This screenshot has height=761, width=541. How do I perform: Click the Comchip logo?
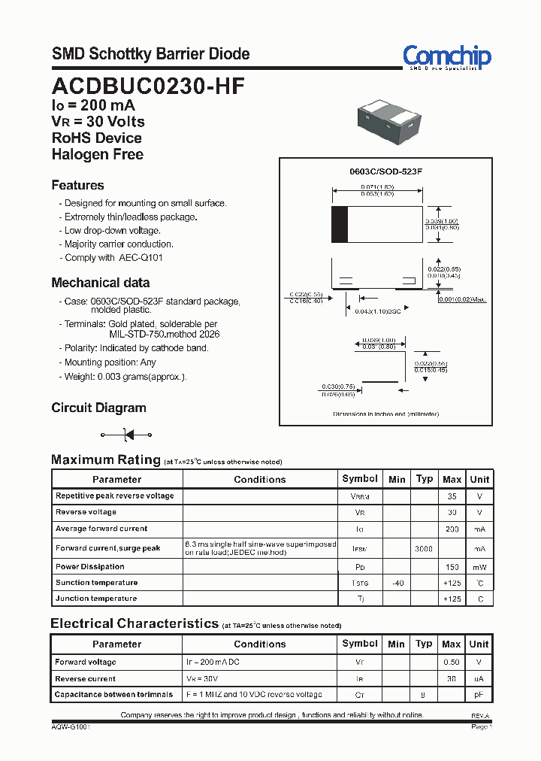coord(446,56)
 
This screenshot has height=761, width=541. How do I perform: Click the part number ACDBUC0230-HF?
coord(148,85)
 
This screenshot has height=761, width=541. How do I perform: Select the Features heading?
coord(77,185)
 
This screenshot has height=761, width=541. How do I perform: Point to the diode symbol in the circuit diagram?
coord(127,435)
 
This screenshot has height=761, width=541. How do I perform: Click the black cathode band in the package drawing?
coord(340,224)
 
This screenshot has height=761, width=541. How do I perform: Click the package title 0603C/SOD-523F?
coord(386,171)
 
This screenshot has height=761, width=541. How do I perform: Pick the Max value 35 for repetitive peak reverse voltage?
coord(452,496)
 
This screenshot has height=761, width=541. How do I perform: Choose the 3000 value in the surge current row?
coord(425,549)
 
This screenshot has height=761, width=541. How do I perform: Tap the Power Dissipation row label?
coord(90,566)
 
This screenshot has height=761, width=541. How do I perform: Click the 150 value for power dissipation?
coord(452,567)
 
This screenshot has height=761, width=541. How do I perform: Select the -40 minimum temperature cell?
coord(397,583)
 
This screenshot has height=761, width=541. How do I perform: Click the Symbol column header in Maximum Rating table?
coord(360,479)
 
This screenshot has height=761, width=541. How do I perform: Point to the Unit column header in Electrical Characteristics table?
coord(479,644)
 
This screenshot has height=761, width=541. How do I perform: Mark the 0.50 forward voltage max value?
coord(451,662)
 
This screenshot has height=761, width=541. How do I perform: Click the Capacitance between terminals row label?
coord(113,694)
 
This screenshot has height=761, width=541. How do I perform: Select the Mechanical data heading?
coord(100,283)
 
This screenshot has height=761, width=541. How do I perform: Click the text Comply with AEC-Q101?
coord(113,257)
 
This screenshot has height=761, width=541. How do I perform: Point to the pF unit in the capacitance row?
coord(479,695)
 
